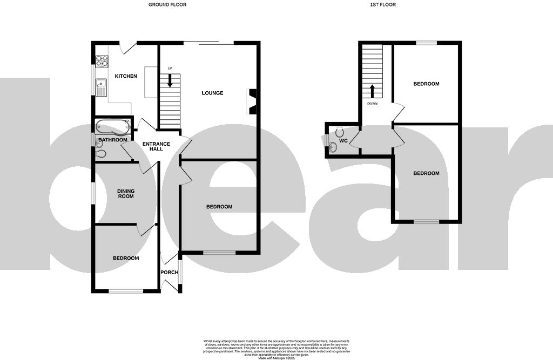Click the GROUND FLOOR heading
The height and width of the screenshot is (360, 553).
click(x=167, y=5)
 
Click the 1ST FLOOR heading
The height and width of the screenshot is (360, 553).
click(x=383, y=5)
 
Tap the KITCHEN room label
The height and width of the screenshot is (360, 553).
click(x=125, y=76)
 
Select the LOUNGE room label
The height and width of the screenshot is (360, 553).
click(x=212, y=93)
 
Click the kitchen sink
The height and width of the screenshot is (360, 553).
click(x=100, y=86)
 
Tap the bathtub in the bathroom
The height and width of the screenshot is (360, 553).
click(x=112, y=127)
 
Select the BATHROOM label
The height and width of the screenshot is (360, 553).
click(x=112, y=140)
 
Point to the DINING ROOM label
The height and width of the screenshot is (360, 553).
click(x=126, y=193)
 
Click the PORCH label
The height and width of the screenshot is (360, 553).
click(x=170, y=272)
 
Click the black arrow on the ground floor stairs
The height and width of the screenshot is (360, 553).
click(x=170, y=81)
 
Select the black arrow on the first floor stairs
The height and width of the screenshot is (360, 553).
click(x=372, y=91)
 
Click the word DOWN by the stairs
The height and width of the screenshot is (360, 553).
click(x=373, y=103)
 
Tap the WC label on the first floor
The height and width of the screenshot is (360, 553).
click(x=343, y=141)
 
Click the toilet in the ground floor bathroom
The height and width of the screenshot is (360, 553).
click(x=100, y=154)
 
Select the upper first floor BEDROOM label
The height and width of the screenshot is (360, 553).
click(x=426, y=84)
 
